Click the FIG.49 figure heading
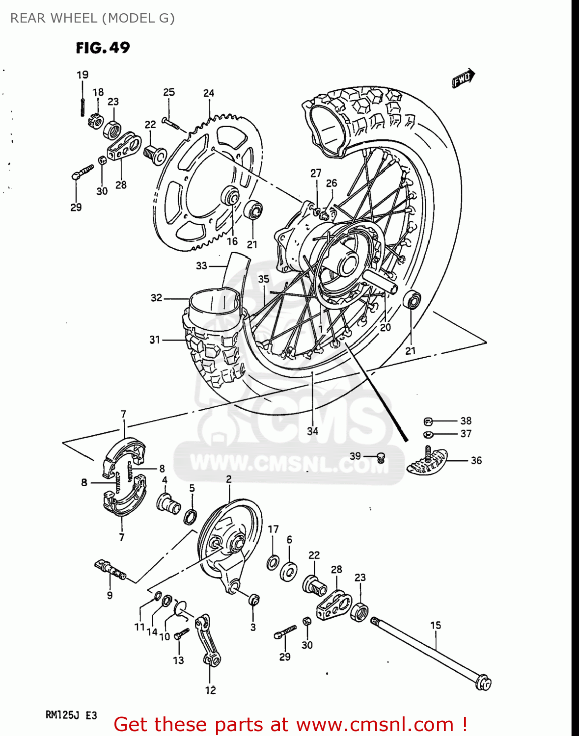point(103,48)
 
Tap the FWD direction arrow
point(463,78)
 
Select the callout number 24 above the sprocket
point(209,93)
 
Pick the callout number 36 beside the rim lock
point(476,461)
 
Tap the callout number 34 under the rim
point(312,431)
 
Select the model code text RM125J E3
point(71,715)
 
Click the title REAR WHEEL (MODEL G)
point(92,18)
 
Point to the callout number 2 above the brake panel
point(229,479)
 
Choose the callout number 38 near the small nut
point(466,421)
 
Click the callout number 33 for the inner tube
point(201,265)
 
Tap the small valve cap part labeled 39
point(380,458)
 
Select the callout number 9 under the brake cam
point(110,595)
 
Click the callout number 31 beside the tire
point(155,340)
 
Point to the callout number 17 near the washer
point(273,529)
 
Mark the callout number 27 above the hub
point(316,173)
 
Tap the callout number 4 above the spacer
point(165,480)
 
